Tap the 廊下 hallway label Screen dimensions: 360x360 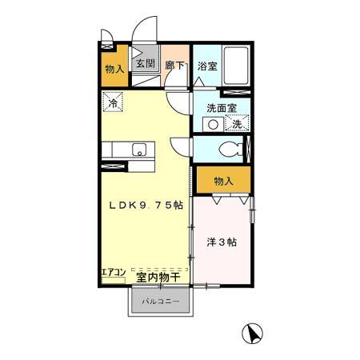tap(174, 66)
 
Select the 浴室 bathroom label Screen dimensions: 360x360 tap(206, 66)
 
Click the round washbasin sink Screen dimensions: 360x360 tap(213, 124)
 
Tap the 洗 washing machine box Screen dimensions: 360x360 tap(237, 124)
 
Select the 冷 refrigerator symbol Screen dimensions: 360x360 tap(113, 102)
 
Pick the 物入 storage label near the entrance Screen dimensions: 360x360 tap(114, 69)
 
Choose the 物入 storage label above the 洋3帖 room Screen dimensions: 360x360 tap(222, 182)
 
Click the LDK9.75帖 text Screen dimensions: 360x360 tap(146, 205)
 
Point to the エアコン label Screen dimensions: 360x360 tap(112, 273)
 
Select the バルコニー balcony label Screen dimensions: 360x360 tap(161, 302)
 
